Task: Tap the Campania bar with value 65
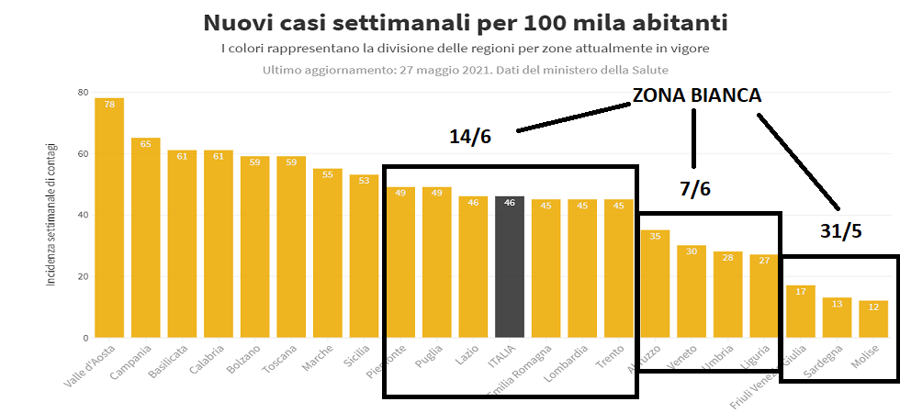(x=146, y=238)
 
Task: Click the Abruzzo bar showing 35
(x=655, y=284)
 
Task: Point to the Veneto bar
(x=692, y=292)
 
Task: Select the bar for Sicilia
(x=364, y=256)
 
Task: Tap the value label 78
(x=109, y=105)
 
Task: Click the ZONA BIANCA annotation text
(x=696, y=95)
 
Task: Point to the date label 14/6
(x=470, y=137)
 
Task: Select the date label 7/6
(x=695, y=189)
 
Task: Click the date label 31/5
(x=840, y=231)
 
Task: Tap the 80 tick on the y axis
(x=83, y=92)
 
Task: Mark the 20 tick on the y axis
(x=83, y=276)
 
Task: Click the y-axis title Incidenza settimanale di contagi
(x=51, y=213)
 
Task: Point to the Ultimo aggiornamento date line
(x=465, y=70)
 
